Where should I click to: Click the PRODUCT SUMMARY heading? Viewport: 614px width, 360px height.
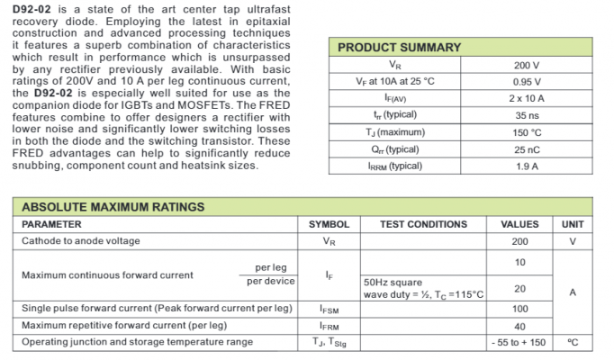[399, 48]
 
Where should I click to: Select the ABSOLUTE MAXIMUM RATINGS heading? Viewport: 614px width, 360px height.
[113, 207]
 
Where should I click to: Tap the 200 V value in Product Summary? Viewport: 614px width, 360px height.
[527, 66]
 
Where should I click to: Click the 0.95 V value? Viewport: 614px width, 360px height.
[527, 82]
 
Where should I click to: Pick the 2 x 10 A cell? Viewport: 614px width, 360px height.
[527, 98]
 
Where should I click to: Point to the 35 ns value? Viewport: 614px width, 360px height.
[527, 115]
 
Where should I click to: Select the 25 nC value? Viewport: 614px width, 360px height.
[527, 149]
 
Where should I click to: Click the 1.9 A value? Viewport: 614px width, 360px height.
[527, 166]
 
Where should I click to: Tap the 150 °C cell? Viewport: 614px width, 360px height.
[527, 132]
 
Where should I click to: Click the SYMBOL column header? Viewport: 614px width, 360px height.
[329, 224]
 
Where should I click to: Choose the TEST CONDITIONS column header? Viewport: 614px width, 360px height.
[423, 224]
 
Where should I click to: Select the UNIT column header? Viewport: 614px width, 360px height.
[573, 224]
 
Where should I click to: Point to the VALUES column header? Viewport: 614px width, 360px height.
[519, 224]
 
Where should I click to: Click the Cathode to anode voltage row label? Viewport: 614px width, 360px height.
[81, 241]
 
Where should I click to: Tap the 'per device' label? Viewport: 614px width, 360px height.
[271, 281]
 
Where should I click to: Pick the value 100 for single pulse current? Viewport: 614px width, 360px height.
[519, 309]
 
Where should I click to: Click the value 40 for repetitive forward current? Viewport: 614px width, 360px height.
[519, 326]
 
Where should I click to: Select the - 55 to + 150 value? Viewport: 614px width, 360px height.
[519, 342]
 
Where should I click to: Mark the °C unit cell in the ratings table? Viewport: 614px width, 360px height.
[573, 342]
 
